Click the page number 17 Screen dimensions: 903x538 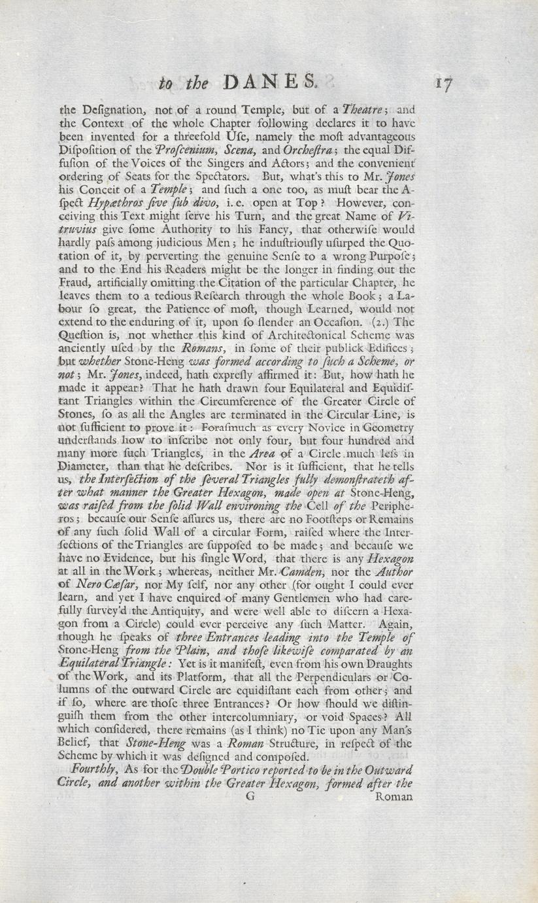(x=443, y=84)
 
